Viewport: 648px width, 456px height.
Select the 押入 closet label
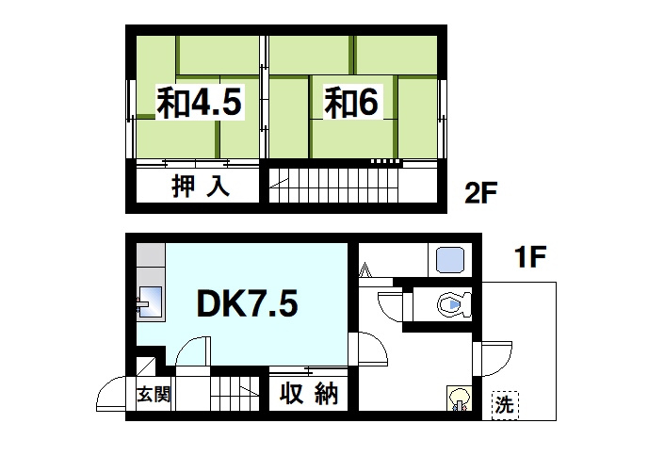click(x=200, y=186)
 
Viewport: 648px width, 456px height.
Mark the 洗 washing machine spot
click(x=506, y=405)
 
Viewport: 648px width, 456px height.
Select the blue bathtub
click(x=447, y=258)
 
